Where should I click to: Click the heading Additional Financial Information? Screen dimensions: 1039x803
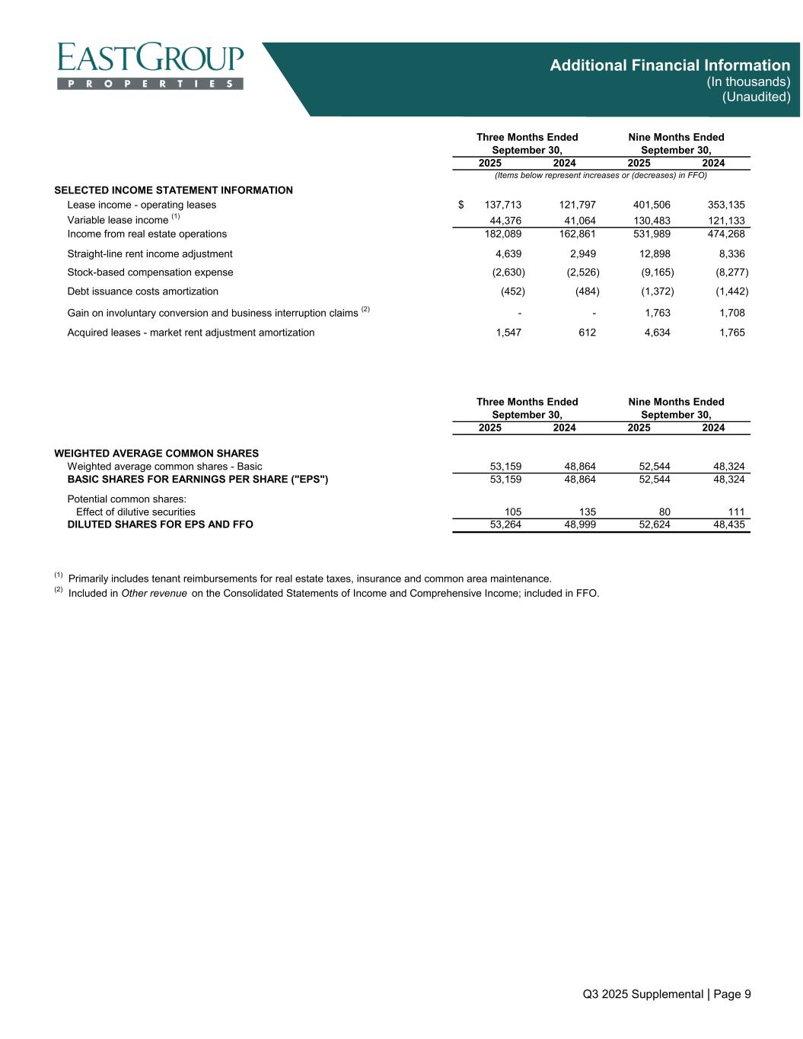pos(670,65)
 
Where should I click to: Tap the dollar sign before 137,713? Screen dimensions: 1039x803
pos(461,205)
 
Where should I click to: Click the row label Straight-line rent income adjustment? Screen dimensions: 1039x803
pos(150,254)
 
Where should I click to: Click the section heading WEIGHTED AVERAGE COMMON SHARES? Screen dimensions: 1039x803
pos(156,454)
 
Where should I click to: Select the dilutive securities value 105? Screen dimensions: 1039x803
pos(512,512)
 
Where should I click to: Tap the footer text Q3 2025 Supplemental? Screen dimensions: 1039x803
pos(642,994)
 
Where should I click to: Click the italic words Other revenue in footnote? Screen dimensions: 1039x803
pos(155,594)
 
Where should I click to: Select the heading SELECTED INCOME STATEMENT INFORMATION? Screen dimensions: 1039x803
pos(174,190)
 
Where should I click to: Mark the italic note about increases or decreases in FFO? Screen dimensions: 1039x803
pos(601,175)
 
